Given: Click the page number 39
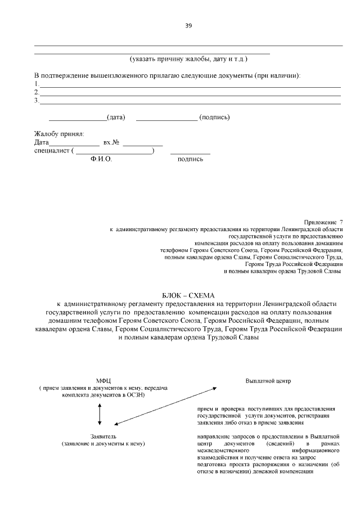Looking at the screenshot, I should [188, 25].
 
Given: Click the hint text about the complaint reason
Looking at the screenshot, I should [188, 58].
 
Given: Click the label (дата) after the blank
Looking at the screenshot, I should [116, 118].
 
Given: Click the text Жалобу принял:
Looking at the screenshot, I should [59, 134].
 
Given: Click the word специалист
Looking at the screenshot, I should [52, 151].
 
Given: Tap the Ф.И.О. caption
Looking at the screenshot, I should [102, 160].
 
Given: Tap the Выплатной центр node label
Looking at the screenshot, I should [268, 381].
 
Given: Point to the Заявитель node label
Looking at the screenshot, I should [103, 436].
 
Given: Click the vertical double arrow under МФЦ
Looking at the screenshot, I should [100, 413].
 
